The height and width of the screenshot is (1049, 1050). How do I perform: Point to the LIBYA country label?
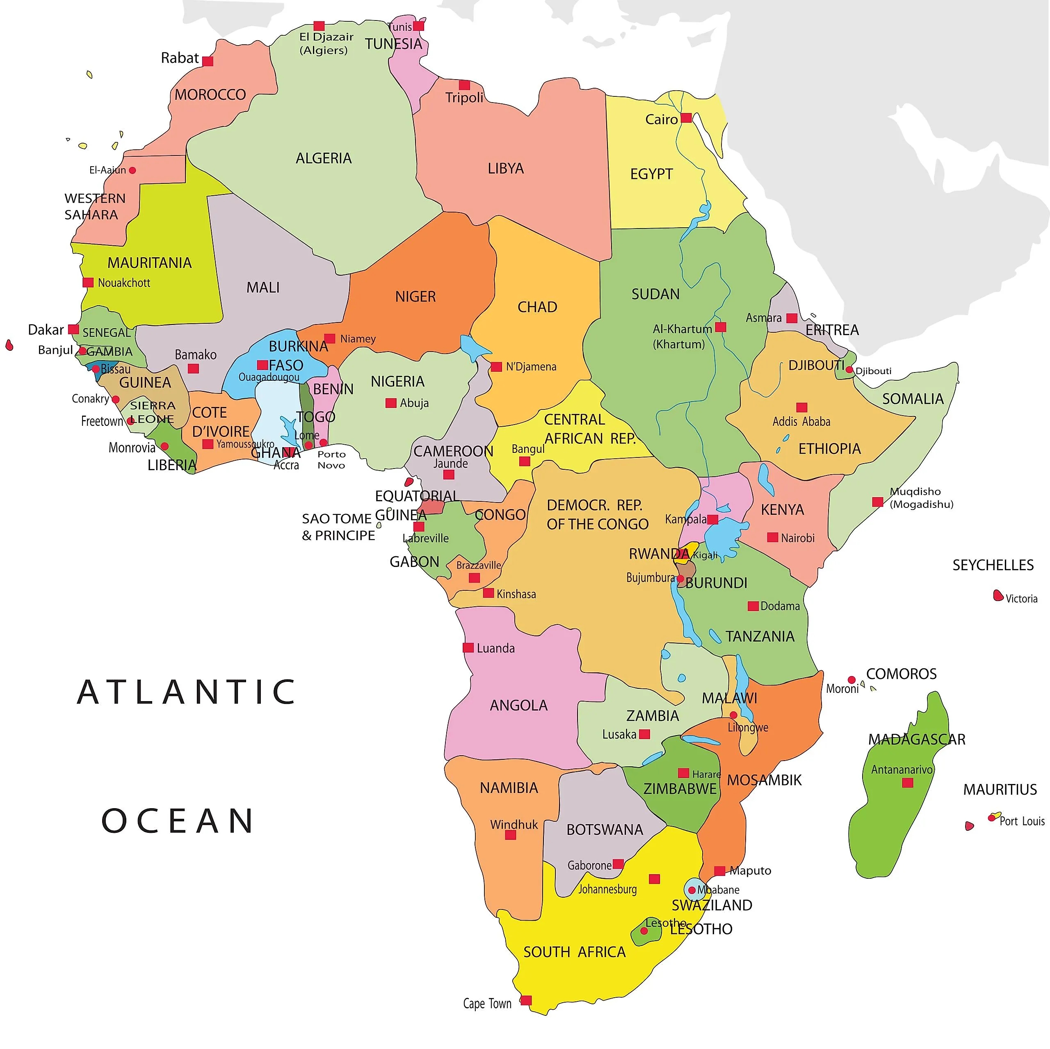pos(505,169)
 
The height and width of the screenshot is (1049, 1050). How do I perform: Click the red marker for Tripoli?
pos(464,85)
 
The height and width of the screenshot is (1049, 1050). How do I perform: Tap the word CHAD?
pos(537,307)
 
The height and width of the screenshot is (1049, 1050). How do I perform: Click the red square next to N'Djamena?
pos(496,367)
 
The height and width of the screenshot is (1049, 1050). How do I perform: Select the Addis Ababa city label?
pos(801,421)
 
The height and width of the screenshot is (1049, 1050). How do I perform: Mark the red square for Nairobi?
pos(772,537)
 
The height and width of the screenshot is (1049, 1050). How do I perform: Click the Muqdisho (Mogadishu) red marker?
pos(877,502)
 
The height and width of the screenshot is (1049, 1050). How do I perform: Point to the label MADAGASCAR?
pos(916,739)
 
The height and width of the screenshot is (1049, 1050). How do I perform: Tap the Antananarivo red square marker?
pos(907,783)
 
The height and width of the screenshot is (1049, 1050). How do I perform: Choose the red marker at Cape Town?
pos(525,1000)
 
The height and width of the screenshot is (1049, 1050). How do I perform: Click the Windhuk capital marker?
pos(510,835)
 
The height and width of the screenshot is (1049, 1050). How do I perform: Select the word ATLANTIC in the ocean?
pos(186,692)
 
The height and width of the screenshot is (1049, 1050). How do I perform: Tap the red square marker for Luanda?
pos(468,648)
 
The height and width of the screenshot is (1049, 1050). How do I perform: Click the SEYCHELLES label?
pos(993,565)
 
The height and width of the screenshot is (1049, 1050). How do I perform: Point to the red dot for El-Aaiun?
pos(132,170)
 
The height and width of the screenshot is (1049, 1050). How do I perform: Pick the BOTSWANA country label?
pos(604,830)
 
